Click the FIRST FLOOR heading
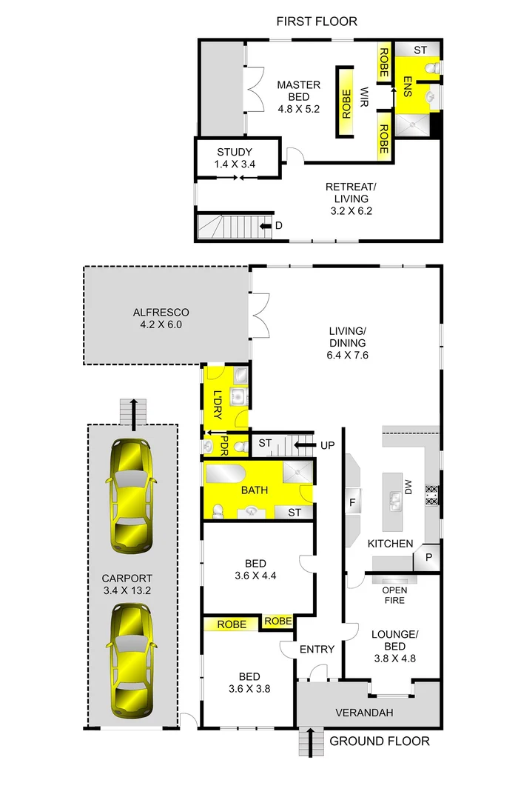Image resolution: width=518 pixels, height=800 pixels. tap(317, 21)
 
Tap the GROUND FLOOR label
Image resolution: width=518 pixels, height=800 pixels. tap(379, 741)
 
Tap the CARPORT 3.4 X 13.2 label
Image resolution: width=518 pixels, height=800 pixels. tap(128, 585)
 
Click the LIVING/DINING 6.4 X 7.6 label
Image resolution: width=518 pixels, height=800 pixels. tap(348, 343)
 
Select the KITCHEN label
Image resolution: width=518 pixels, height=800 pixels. tap(391, 544)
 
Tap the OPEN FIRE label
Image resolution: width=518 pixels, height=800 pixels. tap(394, 595)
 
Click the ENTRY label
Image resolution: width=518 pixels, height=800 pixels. tap(317, 649)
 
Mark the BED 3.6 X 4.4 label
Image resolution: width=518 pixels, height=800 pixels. tap(254, 567)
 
